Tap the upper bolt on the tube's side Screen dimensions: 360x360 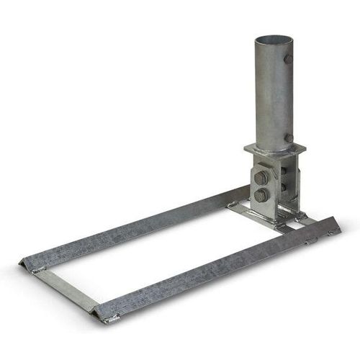click(x=289, y=60)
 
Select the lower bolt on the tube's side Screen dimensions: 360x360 click(x=289, y=137)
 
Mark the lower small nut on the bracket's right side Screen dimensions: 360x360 click(x=285, y=188)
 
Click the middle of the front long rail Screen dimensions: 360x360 click(x=216, y=270)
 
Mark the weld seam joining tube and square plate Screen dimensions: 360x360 click(x=274, y=145)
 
